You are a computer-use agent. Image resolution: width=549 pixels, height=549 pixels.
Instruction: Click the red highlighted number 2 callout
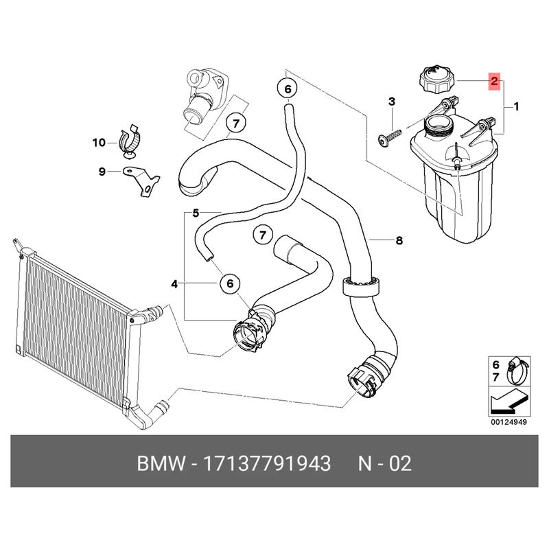pos(493,82)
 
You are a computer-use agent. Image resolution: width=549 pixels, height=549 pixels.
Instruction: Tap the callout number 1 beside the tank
pos(515,106)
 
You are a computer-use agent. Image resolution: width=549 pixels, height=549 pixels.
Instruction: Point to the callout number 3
pos(392,102)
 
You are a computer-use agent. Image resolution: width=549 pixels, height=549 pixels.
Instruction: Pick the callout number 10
pos(99,143)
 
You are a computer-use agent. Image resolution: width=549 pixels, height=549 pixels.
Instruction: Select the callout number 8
pos(399,240)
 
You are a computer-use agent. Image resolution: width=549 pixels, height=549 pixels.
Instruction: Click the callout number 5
pos(196,213)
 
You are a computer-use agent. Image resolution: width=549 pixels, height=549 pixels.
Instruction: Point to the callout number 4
pos(174,283)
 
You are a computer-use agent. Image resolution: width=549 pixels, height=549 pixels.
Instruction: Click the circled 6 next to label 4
pos(230,283)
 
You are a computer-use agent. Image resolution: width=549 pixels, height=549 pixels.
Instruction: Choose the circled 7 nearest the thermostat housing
pos(235,124)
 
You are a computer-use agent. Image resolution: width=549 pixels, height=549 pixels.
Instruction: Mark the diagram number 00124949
pos(508,422)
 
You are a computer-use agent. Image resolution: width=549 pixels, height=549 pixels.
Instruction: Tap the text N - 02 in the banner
pos(384,463)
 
